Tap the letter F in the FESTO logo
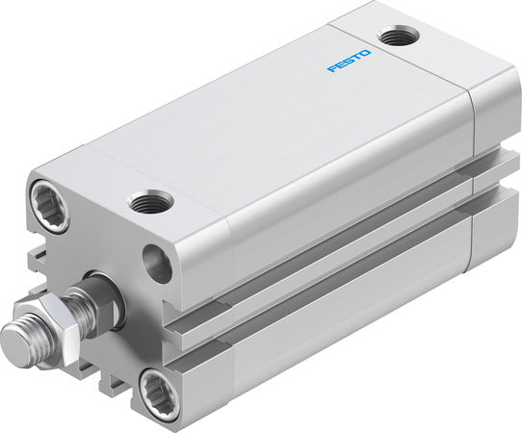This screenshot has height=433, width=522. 330,69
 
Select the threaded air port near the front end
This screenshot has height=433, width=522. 150,202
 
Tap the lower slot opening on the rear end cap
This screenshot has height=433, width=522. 491,197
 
